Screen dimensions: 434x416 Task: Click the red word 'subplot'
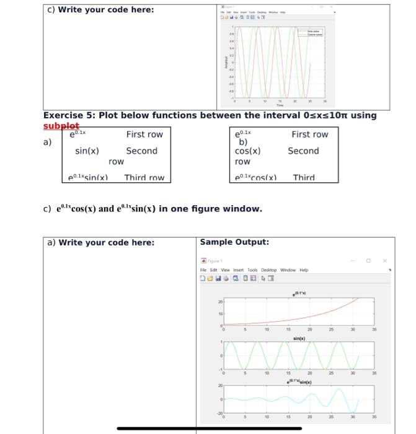pyautogui.click(x=61, y=126)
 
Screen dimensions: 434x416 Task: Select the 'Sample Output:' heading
pyautogui.click(x=234, y=242)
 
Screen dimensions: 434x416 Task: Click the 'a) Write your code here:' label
pyautogui.click(x=101, y=242)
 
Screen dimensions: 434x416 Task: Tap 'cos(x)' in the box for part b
pyautogui.click(x=247, y=151)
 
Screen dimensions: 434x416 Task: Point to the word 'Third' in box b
pyautogui.click(x=304, y=178)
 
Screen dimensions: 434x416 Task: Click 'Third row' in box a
pyautogui.click(x=144, y=178)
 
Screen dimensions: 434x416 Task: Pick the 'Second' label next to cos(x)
pyautogui.click(x=303, y=151)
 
